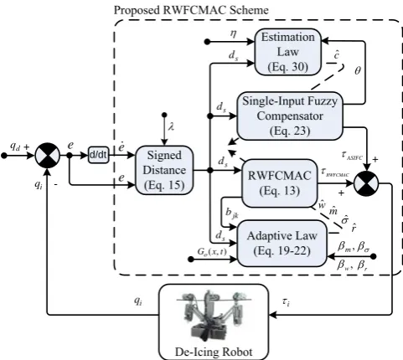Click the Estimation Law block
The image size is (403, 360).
[x=287, y=52]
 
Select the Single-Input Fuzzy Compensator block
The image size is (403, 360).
[x=290, y=116]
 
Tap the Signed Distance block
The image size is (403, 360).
[x=164, y=170]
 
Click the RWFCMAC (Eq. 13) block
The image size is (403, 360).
[x=279, y=183]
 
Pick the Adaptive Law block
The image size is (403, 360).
[x=282, y=244]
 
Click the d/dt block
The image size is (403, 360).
[x=98, y=155]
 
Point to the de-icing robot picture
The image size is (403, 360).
[x=214, y=315]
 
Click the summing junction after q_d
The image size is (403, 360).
[x=48, y=155]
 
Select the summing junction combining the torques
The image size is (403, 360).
[x=366, y=183]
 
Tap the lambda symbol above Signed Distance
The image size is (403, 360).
[x=171, y=127]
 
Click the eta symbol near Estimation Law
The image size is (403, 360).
[x=233, y=33]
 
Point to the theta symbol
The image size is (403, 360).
[x=358, y=71]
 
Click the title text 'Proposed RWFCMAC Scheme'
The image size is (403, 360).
[x=191, y=10]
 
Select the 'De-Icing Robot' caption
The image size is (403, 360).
[x=214, y=352]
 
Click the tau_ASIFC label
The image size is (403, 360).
[x=352, y=155]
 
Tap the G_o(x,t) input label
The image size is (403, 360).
[x=212, y=252]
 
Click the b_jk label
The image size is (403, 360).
[x=232, y=213]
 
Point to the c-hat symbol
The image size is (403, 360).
[x=337, y=54]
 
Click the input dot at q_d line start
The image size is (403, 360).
[x=4, y=156]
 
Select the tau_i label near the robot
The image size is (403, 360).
[x=286, y=302]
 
